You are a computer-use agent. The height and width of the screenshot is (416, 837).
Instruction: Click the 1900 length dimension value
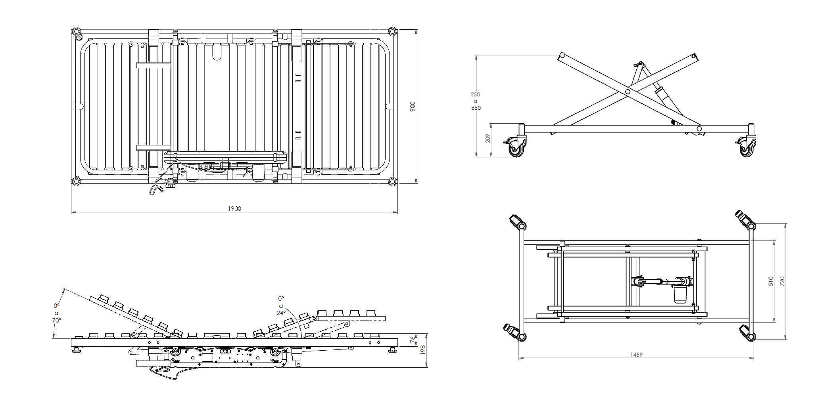(x=235, y=209)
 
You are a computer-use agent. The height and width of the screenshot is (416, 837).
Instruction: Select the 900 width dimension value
(x=412, y=106)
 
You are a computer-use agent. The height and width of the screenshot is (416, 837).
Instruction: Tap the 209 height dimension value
(x=488, y=138)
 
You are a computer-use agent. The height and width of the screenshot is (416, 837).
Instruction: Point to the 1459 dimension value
(x=636, y=355)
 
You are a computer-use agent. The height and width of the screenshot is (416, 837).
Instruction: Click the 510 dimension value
(x=771, y=281)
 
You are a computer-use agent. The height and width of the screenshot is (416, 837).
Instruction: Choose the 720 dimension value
(x=782, y=281)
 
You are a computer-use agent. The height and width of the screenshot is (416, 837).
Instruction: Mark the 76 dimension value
(x=413, y=339)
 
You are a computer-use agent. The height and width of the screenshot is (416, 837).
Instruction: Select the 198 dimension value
(x=423, y=349)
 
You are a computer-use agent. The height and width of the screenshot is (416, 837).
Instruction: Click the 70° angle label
(x=57, y=320)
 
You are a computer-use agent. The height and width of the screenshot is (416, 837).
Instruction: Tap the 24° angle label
(x=281, y=313)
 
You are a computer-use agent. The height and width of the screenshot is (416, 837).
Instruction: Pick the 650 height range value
(x=476, y=108)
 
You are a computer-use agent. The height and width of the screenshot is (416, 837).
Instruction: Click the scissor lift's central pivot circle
(x=628, y=92)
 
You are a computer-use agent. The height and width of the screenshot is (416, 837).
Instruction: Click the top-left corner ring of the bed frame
(x=75, y=32)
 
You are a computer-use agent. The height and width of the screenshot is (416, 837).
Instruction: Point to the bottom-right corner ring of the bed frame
(x=392, y=181)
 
